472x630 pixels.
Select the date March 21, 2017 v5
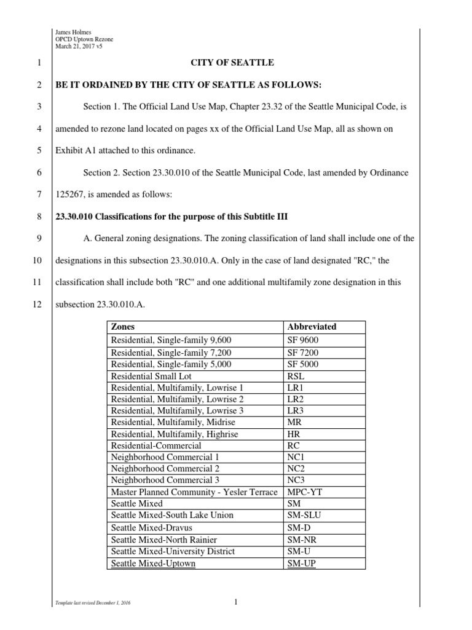click(x=77, y=47)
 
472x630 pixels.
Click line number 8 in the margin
click(x=39, y=217)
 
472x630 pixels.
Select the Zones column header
click(x=123, y=327)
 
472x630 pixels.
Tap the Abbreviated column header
click(x=312, y=327)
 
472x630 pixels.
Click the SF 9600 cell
click(x=303, y=340)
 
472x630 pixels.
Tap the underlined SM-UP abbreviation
click(x=302, y=563)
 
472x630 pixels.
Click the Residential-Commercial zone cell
click(x=155, y=445)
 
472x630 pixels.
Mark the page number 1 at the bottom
click(x=235, y=602)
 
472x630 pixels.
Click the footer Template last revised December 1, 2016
click(x=93, y=604)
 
